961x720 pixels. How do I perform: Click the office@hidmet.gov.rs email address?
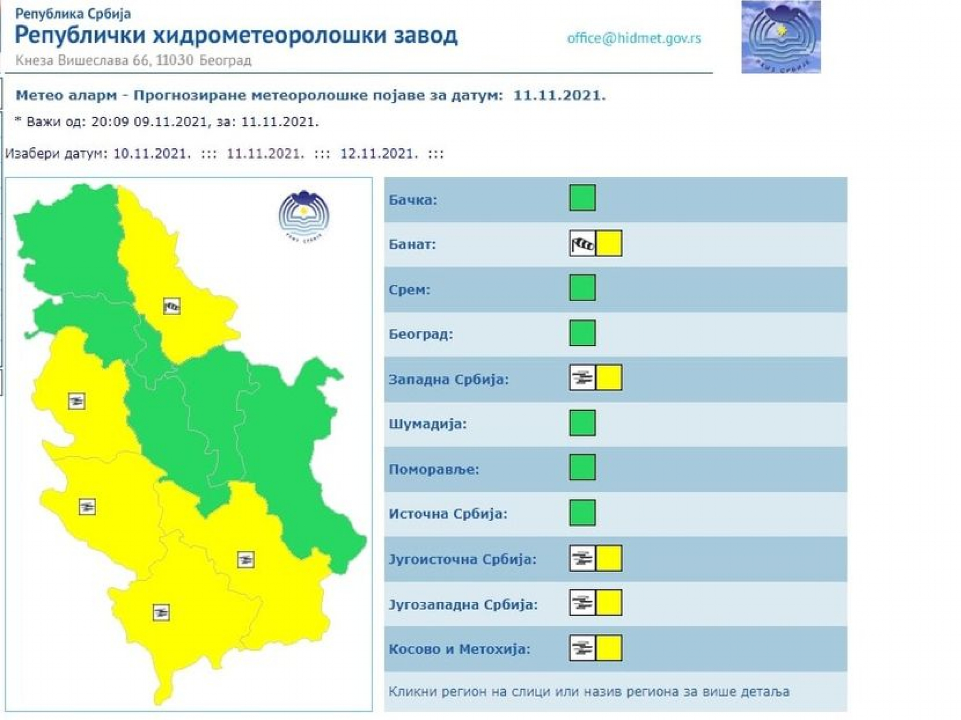[x=634, y=38]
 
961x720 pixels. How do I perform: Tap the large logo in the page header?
[x=781, y=37]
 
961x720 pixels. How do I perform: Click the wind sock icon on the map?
[x=172, y=306]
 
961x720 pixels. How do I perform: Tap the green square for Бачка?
[x=582, y=197]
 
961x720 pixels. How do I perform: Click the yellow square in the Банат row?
[x=609, y=243]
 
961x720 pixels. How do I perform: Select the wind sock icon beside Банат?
[x=582, y=243]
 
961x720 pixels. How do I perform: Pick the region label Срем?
[x=409, y=290]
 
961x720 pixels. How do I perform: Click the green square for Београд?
[x=582, y=333]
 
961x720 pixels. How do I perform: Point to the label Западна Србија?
[x=449, y=379]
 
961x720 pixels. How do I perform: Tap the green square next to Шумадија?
[x=582, y=423]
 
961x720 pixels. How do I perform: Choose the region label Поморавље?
[x=434, y=470]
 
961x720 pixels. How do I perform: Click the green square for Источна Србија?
[x=582, y=512]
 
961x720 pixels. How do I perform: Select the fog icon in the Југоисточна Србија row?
[x=582, y=558]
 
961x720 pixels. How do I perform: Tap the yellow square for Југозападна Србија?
[x=609, y=603]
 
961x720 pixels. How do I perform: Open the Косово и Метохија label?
[x=459, y=649]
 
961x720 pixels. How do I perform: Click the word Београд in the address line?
[x=225, y=61]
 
